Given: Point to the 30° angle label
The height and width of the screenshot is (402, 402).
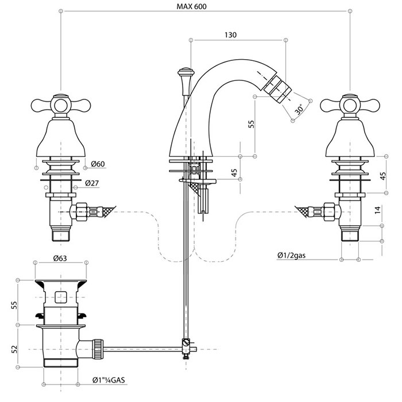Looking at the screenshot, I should point(299,109).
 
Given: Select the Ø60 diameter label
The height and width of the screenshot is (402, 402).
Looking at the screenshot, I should point(97,165).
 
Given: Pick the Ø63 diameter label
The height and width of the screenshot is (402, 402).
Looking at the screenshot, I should point(62,258).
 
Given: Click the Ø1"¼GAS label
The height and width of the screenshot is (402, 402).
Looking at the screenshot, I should point(117,380).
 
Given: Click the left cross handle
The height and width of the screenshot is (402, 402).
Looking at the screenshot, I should point(59,105).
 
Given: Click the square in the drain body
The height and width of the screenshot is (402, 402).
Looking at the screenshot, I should point(60,297).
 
